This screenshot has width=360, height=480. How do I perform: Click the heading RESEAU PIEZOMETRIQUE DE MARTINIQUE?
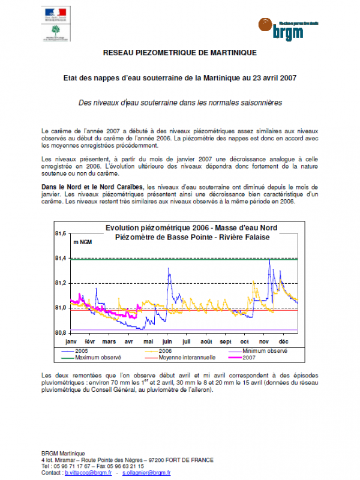(x=180, y=53)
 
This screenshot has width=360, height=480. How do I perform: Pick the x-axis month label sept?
(x=226, y=341)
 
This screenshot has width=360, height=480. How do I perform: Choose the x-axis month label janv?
(x=71, y=341)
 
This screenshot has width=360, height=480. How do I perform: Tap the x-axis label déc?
(x=283, y=341)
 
